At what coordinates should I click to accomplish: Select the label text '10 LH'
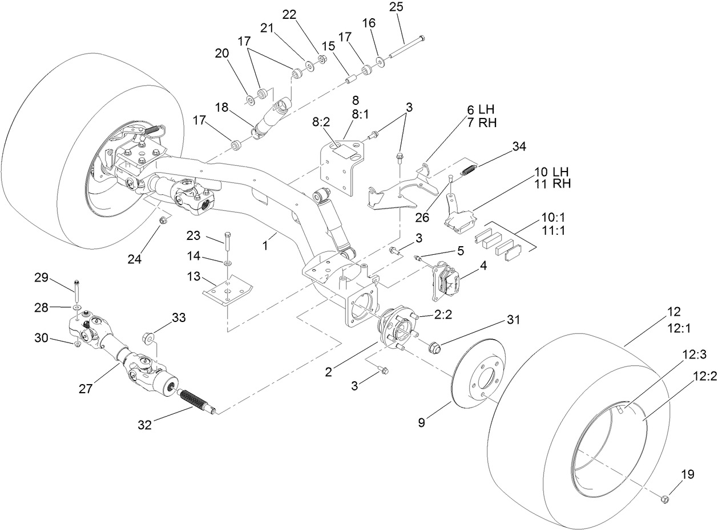551,172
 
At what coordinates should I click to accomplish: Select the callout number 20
221,53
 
